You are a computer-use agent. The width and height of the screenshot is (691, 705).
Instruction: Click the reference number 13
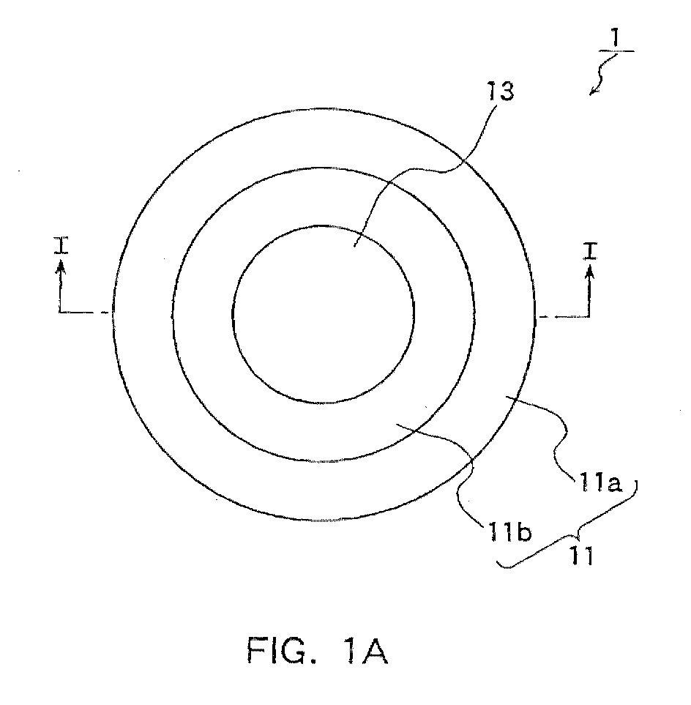pyautogui.click(x=501, y=92)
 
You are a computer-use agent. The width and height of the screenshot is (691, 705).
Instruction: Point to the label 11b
pyautogui.click(x=508, y=531)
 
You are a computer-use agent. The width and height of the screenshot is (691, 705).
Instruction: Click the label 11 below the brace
pyautogui.click(x=582, y=555)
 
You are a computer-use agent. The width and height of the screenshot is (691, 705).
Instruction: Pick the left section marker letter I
pyautogui.click(x=61, y=246)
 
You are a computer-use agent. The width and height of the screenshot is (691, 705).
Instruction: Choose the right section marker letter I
pyautogui.click(x=590, y=251)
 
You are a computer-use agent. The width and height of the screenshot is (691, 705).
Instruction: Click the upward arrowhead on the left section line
pyautogui.click(x=61, y=268)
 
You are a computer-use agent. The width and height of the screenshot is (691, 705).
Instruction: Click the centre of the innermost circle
pyautogui.click(x=324, y=314)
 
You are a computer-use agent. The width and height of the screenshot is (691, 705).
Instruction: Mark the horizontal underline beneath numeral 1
pyautogui.click(x=616, y=51)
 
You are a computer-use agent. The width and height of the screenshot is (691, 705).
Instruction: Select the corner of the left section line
pyautogui.click(x=60, y=311)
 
